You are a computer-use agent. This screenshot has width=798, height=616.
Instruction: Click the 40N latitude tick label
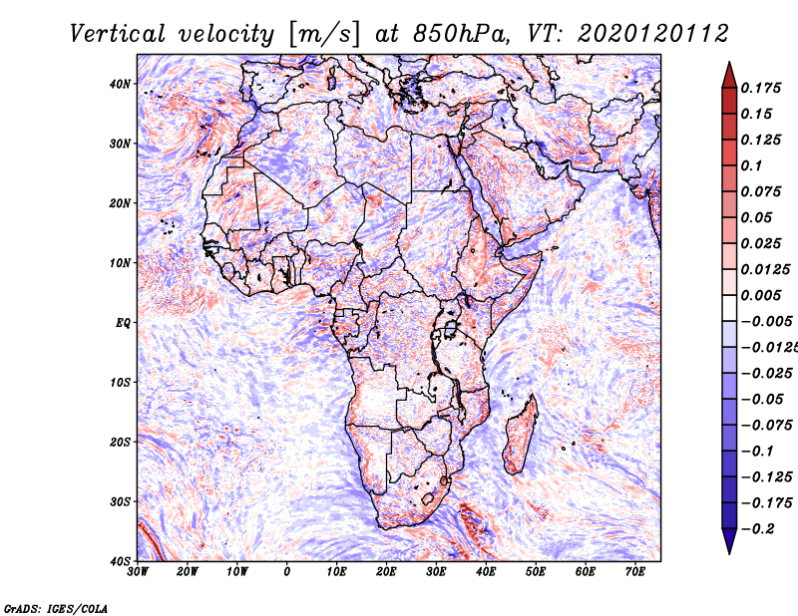120,84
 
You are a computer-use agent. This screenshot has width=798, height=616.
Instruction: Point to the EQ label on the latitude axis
123,323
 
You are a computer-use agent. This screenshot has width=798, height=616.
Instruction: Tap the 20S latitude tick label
120,442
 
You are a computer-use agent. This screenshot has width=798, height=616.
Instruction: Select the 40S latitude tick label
120,561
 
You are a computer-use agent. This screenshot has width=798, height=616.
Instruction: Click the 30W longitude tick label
138,572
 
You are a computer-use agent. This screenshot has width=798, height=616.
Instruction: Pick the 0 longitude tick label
287,572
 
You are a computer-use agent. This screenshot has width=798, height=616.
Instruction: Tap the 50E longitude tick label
536,572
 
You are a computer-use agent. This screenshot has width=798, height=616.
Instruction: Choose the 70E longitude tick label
635,572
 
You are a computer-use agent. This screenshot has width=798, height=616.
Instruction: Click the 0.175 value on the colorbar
761,88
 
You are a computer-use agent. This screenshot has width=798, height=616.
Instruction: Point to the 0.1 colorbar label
752,165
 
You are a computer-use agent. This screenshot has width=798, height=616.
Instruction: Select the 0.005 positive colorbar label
761,295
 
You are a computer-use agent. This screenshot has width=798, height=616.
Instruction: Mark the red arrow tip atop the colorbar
729,63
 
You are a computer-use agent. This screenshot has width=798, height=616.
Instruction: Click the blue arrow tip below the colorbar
729,553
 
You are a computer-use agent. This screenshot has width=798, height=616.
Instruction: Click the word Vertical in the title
118,34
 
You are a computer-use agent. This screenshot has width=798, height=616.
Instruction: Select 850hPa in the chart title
460,34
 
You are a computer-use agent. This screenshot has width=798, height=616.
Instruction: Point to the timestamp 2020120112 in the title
652,34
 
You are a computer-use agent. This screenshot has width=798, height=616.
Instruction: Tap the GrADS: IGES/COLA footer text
56,608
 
